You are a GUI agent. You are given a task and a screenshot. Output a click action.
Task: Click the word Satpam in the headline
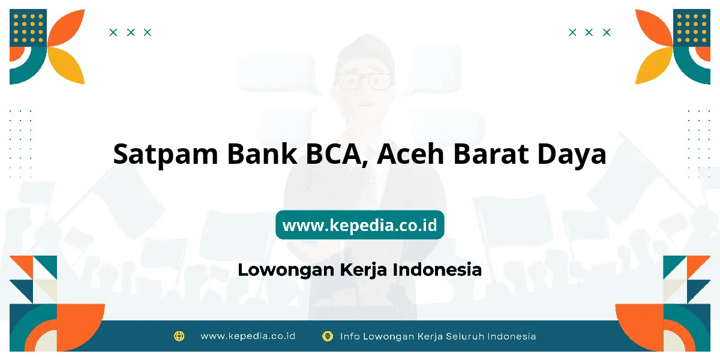tap(166, 155)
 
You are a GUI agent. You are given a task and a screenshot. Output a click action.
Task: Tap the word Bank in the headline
tap(262, 154)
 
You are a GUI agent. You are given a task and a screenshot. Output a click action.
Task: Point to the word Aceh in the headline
tap(410, 154)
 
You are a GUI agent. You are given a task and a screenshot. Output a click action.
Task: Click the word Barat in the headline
tap(491, 154)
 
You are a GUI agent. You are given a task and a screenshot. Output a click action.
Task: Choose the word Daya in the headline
tap(572, 155)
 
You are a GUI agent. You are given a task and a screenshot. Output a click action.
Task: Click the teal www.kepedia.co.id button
tap(360, 224)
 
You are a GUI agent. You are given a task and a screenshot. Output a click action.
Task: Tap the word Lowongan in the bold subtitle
tap(286, 270)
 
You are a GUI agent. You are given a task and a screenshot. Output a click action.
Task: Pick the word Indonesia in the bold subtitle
tap(437, 269)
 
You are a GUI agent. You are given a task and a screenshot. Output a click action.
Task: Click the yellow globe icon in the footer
tap(179, 336)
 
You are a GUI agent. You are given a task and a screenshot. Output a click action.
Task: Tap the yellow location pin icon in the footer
tap(328, 336)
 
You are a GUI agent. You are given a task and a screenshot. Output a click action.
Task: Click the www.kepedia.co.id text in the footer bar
tap(248, 336)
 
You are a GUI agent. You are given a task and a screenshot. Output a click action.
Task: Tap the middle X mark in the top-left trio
tap(131, 32)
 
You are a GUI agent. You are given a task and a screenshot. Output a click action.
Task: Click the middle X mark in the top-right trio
tap(589, 32)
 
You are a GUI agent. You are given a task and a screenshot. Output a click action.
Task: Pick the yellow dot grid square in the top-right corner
tap(692, 28)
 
